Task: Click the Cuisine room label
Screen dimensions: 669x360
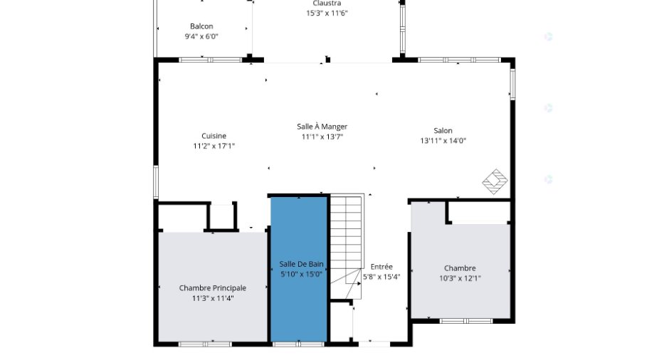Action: point(214,136)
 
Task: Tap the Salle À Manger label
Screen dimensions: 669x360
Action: point(322,126)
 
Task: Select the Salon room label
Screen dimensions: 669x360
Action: point(443,130)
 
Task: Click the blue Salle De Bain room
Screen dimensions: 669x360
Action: point(299,269)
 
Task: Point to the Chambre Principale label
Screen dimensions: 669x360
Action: point(213,288)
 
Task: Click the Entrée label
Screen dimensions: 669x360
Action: point(381,267)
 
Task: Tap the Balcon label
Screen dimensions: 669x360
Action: point(201,26)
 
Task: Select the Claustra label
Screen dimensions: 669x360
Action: point(327,4)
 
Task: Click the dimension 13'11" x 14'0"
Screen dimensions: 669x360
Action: point(443,141)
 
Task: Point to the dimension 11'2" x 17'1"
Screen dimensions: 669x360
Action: point(214,146)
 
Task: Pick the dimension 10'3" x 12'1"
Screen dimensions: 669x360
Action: point(460,278)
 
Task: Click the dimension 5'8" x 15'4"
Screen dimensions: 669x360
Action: point(381,277)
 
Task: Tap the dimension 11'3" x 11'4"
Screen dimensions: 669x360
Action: point(213,298)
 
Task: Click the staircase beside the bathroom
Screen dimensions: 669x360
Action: point(347,246)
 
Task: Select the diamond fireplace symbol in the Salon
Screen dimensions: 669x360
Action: point(495,181)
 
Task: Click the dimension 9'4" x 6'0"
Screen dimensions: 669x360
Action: point(201,37)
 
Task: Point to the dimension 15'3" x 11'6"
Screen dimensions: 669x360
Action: point(327,14)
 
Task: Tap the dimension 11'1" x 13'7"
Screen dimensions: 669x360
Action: point(322,137)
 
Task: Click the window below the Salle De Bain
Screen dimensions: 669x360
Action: point(299,344)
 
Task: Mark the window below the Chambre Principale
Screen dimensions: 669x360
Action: point(205,344)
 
